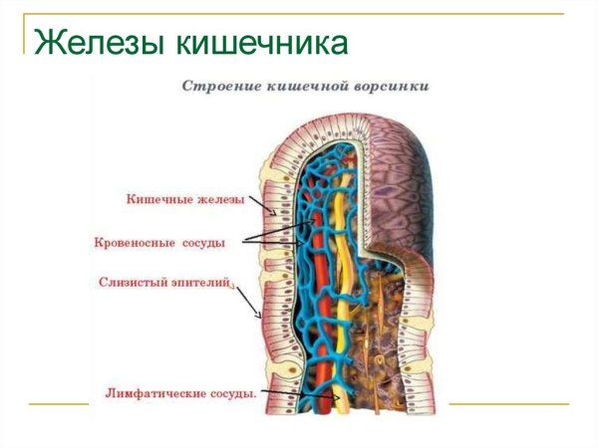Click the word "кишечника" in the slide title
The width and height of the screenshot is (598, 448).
coord(263,44)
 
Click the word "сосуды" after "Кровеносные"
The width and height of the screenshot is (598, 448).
coord(203,241)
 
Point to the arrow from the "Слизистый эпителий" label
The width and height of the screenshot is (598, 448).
coord(245,301)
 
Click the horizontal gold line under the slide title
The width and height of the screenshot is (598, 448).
coord(299,13)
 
